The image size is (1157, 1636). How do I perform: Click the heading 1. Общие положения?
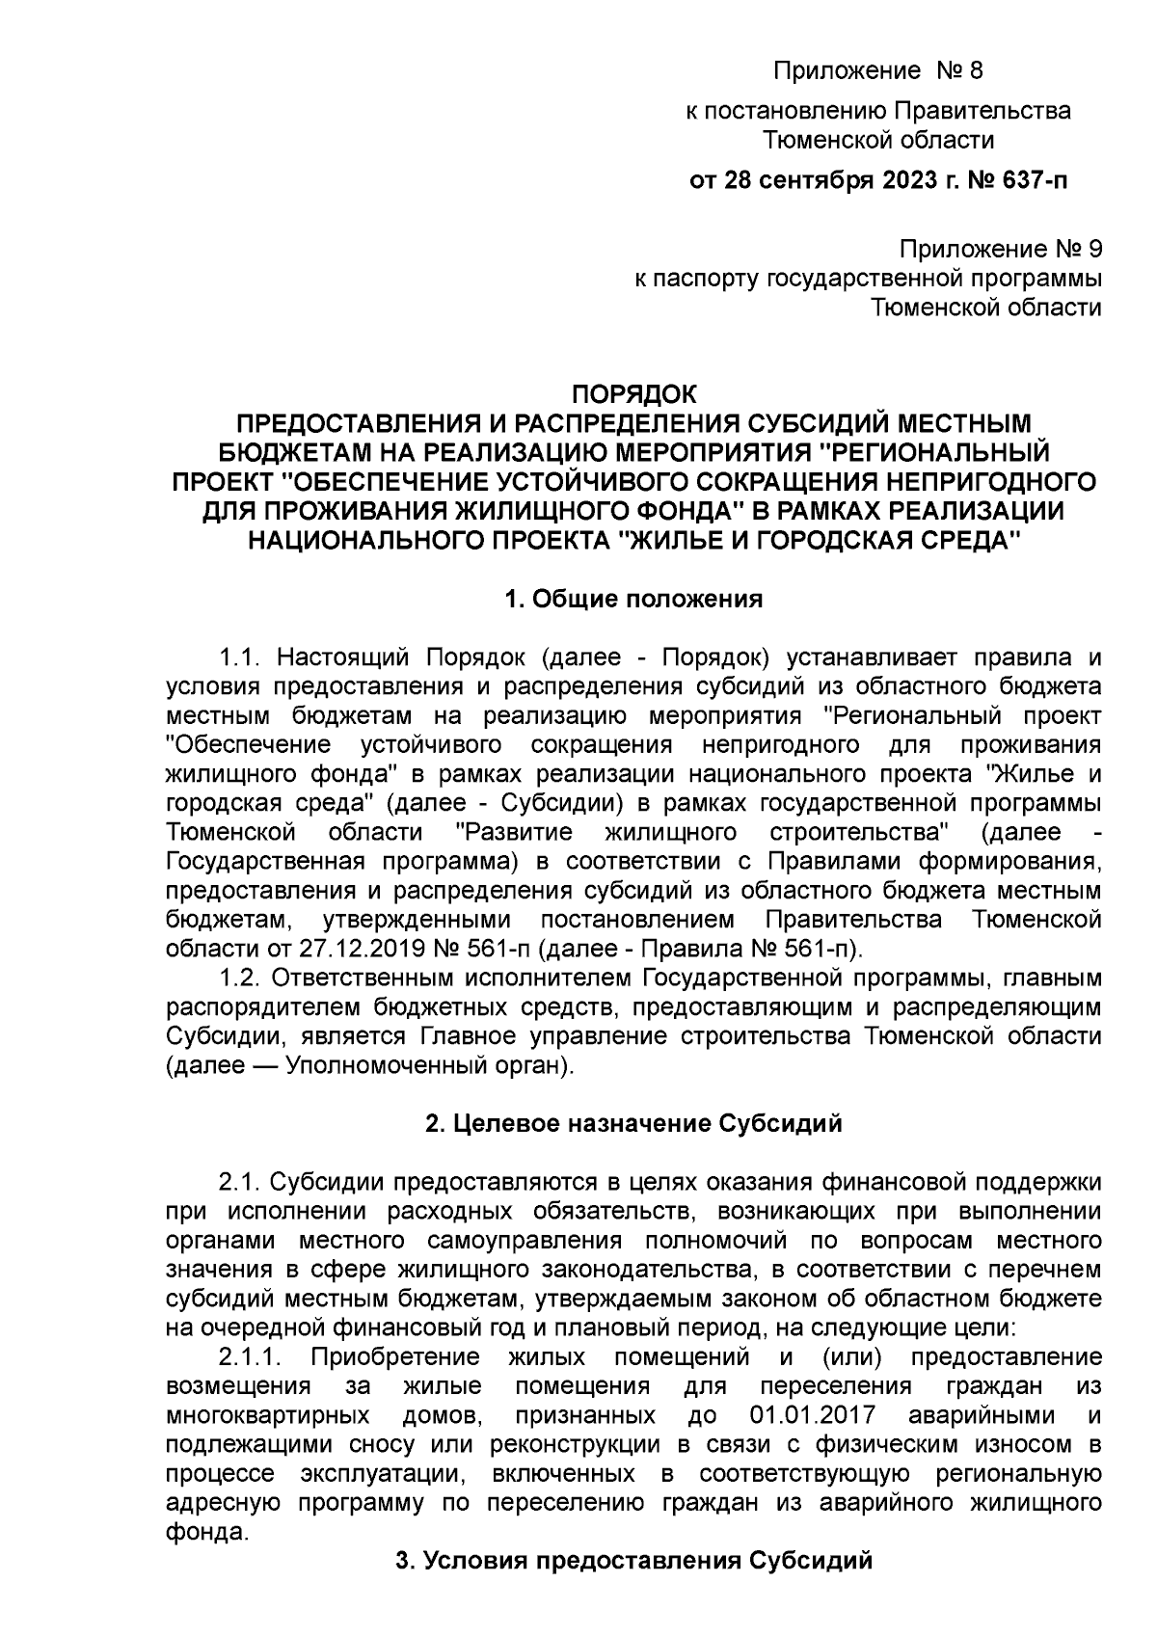point(633,600)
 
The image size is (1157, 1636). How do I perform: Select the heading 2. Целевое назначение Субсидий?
point(633,1123)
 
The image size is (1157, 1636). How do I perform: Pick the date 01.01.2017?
point(810,1416)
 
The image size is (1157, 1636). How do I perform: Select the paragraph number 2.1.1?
point(250,1358)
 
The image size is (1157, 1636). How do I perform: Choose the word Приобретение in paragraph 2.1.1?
point(395,1358)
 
